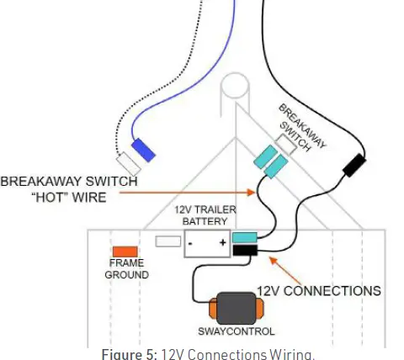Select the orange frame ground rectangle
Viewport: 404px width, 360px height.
[x=125, y=251]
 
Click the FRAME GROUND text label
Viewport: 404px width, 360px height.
[x=127, y=269]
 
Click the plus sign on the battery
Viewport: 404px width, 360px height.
[x=222, y=245]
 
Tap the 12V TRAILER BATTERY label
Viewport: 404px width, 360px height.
[x=205, y=215]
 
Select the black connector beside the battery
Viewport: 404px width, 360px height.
[x=244, y=250]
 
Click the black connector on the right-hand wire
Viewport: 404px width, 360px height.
[x=353, y=165]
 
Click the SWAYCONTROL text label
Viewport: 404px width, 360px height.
[x=235, y=331]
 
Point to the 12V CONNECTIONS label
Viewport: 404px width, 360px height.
[x=319, y=291]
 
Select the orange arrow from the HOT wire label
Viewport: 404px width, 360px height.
[x=185, y=191]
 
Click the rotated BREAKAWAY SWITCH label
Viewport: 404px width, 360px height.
[x=303, y=126]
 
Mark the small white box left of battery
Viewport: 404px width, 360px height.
[x=169, y=241]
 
